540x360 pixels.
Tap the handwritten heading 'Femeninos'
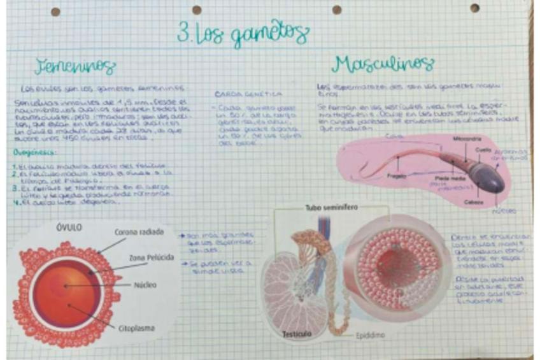(x=75, y=66)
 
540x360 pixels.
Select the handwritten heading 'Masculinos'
(x=383, y=64)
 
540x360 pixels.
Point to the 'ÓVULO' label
(x=69, y=227)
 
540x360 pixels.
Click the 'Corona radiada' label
(x=139, y=233)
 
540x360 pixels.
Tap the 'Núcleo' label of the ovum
(x=145, y=285)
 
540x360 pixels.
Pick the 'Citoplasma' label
(x=136, y=329)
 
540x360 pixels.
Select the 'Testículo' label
(x=297, y=335)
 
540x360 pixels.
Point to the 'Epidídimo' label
(x=369, y=335)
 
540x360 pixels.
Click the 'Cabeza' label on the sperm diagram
(x=473, y=203)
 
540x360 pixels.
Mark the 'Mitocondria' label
(x=467, y=138)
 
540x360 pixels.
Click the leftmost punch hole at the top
(x=55, y=11)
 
